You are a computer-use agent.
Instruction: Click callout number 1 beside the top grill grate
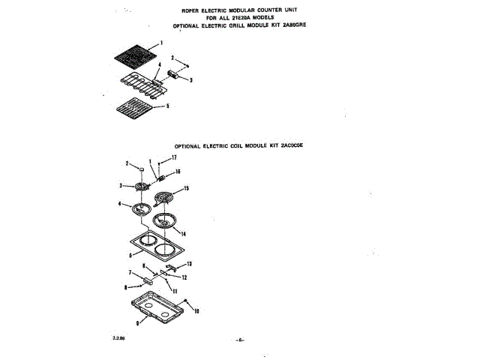point(161,43)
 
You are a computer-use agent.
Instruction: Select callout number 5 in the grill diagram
point(167,106)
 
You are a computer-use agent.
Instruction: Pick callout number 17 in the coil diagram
point(173,157)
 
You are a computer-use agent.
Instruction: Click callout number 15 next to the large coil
point(187,188)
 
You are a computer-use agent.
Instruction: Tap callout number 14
point(183,234)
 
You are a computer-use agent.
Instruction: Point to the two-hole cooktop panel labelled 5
point(159,249)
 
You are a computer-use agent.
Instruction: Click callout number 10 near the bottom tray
point(197,310)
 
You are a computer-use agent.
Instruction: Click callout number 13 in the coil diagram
point(189,264)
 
